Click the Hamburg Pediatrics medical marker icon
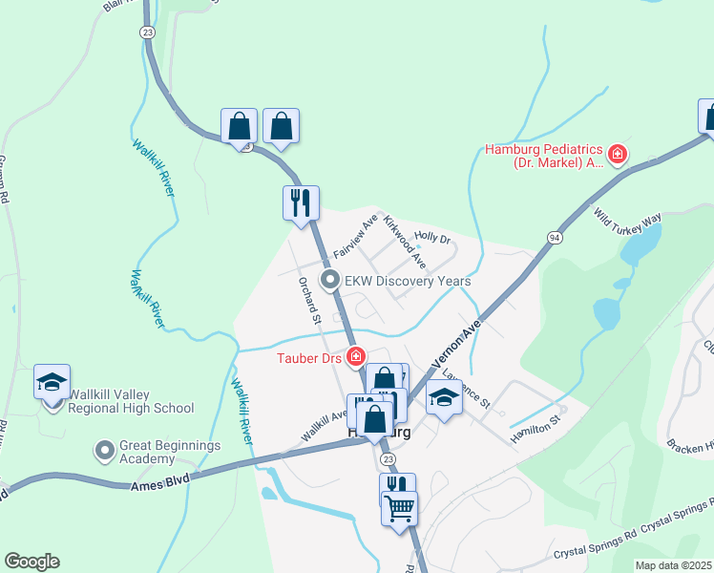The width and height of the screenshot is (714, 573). tap(618, 153)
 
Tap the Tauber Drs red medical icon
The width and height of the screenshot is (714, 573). tap(356, 358)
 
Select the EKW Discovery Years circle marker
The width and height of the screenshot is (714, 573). tap(330, 281)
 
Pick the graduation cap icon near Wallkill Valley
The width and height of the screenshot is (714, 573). tap(52, 383)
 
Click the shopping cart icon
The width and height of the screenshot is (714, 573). tap(399, 507)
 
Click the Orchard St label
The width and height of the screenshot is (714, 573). tap(307, 302)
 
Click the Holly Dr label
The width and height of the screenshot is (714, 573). tap(431, 236)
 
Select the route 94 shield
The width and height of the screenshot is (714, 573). tap(555, 236)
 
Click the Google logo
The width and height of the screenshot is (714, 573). tap(31, 562)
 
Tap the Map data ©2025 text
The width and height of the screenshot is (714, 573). tap(674, 565)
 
